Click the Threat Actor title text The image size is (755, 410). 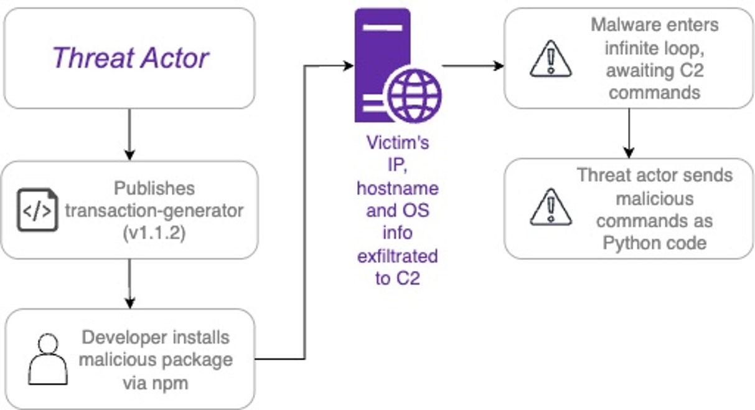point(130,58)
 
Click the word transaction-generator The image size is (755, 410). point(154,211)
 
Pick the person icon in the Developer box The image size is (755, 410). point(49,360)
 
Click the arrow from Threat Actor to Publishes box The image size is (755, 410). point(129,135)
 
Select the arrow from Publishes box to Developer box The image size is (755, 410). point(129,284)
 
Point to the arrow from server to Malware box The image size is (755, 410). point(472,65)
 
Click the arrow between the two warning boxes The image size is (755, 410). point(629,133)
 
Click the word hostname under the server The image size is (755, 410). point(397,188)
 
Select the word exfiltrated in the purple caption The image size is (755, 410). point(397,256)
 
